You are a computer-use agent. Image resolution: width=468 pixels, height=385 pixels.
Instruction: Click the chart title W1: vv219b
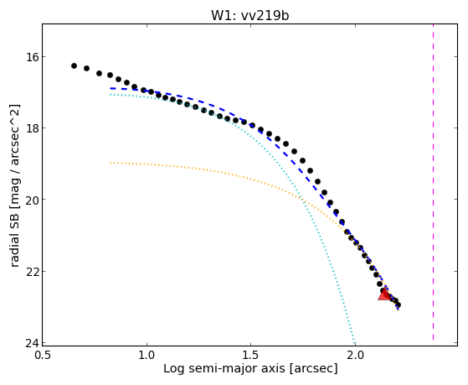coord(250,16)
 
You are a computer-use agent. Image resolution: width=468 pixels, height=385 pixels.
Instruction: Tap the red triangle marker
coord(384,294)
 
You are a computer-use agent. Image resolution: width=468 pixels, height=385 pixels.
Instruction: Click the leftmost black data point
coord(74,65)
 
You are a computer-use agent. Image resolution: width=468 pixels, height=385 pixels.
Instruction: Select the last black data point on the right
coord(398,304)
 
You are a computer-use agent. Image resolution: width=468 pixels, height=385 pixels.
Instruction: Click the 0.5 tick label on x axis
coord(43,355)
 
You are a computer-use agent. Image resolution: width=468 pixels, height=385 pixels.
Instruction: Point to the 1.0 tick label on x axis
coord(147,355)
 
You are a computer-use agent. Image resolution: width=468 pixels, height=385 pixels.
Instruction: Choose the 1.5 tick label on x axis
coord(251,355)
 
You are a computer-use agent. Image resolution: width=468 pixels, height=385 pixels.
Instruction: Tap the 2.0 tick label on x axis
coord(355,355)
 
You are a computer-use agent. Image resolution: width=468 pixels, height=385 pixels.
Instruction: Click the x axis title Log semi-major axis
coord(224,368)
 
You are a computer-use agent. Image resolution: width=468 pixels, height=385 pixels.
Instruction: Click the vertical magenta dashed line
coord(433,183)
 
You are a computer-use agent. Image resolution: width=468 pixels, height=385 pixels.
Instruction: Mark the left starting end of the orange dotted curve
coord(111,163)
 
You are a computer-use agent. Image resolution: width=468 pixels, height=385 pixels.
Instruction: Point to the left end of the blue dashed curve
coord(111,88)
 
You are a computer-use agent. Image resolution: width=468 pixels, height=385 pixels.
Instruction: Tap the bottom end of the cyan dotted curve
coord(354,342)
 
